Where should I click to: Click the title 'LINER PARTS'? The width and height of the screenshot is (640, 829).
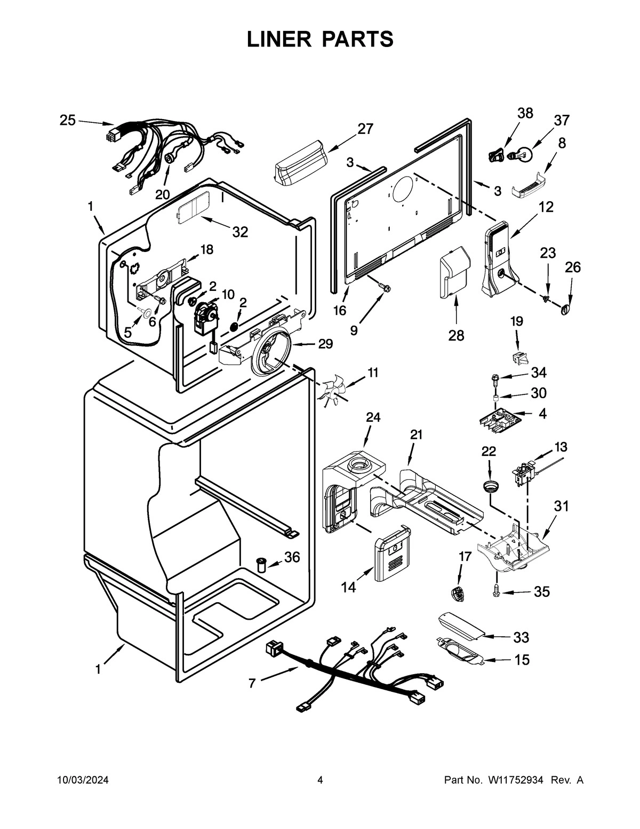320,39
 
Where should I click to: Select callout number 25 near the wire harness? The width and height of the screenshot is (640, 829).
67,120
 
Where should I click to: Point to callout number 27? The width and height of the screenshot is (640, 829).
365,129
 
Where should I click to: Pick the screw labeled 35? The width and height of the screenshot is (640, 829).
497,590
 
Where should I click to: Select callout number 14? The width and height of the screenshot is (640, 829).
348,587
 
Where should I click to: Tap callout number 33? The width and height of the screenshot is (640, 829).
521,637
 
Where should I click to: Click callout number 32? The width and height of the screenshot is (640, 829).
240,232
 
